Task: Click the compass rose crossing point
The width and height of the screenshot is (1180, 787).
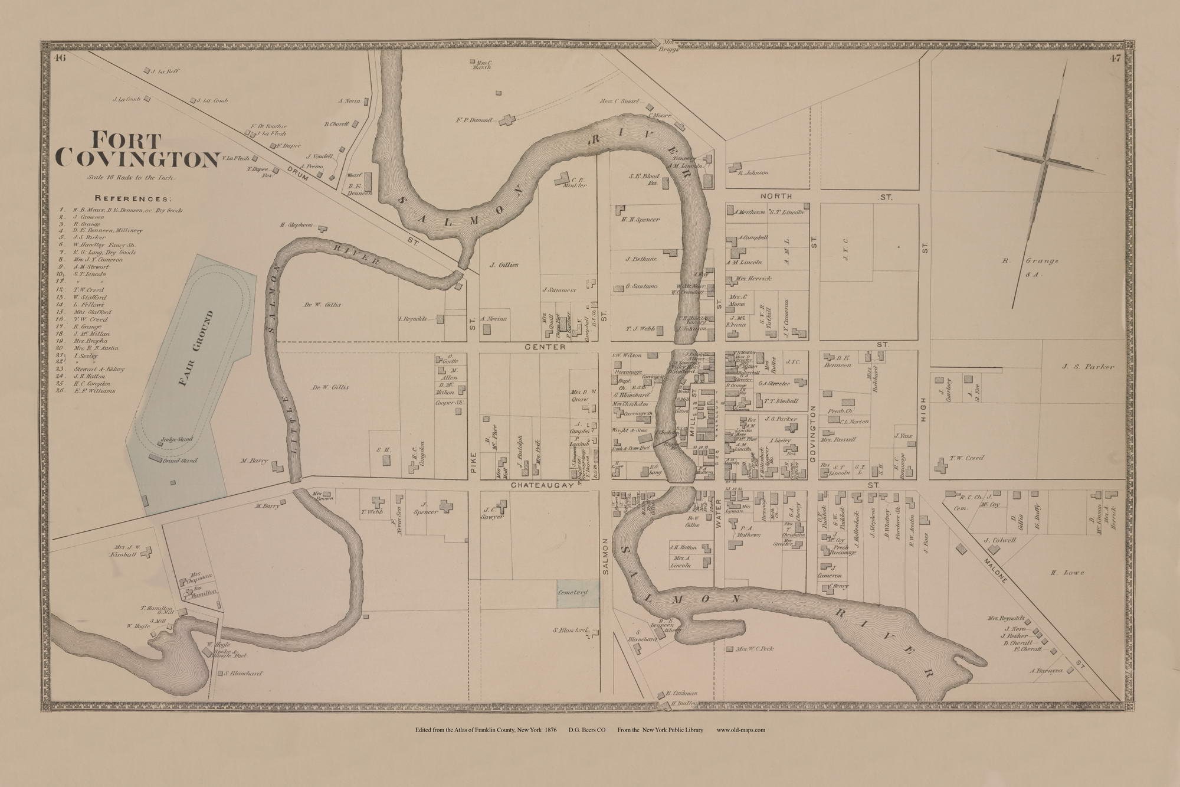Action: [1044, 159]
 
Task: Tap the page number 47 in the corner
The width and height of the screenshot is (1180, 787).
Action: [1115, 58]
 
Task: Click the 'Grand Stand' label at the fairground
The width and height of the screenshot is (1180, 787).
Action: [180, 461]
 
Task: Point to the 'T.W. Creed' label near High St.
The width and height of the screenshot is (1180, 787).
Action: [966, 458]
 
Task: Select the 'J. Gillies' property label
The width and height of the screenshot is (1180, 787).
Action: [504, 265]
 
